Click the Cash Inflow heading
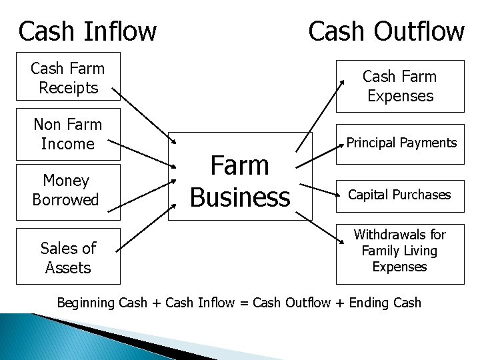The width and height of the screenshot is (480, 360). coord(87,31)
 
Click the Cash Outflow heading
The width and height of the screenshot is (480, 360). coord(386,31)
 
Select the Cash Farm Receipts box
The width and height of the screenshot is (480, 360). coord(68,77)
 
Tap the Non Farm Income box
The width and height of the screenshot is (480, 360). coord(68,134)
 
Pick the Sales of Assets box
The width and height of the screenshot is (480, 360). coord(68,257)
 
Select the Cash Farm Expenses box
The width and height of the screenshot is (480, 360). coord(400,86)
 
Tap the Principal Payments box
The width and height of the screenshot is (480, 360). coord(400,143)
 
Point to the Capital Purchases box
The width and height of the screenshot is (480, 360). coord(400,195)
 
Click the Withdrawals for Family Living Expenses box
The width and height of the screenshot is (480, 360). coord(400,251)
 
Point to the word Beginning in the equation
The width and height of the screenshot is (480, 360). coord(86,303)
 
